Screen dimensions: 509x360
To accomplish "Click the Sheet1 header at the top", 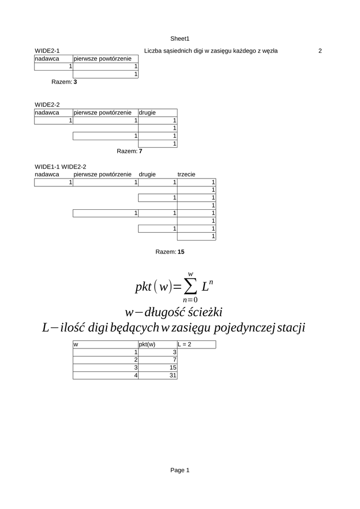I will pos(180,38).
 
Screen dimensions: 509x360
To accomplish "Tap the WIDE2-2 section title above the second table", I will pos(47,104).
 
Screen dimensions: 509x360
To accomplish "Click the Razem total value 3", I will pos(75,82).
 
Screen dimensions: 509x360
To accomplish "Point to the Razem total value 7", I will pos(141,151).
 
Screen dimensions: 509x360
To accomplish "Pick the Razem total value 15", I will pos(180,252).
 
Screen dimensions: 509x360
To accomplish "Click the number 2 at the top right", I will pos(320,51).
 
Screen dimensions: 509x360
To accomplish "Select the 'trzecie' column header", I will pos(186,174).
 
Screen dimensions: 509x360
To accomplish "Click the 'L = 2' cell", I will pos(185,344).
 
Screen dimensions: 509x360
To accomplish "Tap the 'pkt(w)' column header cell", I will pos(147,344).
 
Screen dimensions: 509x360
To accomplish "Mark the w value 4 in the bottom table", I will pos(135,375).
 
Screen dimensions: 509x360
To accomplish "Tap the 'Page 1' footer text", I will pos(180,470).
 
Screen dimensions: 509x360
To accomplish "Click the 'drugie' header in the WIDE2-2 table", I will pos(147,112).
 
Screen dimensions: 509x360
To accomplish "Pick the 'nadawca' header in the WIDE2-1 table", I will pos(47,59).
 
